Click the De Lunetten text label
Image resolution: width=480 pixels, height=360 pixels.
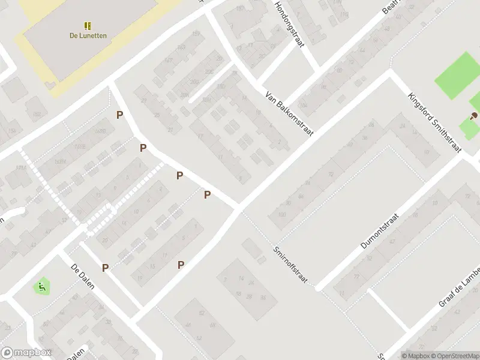(x=88, y=35)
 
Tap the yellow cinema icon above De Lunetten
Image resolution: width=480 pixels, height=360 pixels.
(x=88, y=26)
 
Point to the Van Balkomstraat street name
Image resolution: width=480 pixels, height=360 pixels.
(x=290, y=113)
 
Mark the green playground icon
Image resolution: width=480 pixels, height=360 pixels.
(x=41, y=287)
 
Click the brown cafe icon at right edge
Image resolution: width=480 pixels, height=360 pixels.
(x=474, y=115)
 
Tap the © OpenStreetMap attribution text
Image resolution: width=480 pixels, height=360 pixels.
(x=448, y=355)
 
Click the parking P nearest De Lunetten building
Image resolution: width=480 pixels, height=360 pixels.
(x=120, y=115)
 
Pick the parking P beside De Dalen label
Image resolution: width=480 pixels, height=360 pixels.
(x=106, y=268)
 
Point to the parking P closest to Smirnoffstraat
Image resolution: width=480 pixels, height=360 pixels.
(x=207, y=194)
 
